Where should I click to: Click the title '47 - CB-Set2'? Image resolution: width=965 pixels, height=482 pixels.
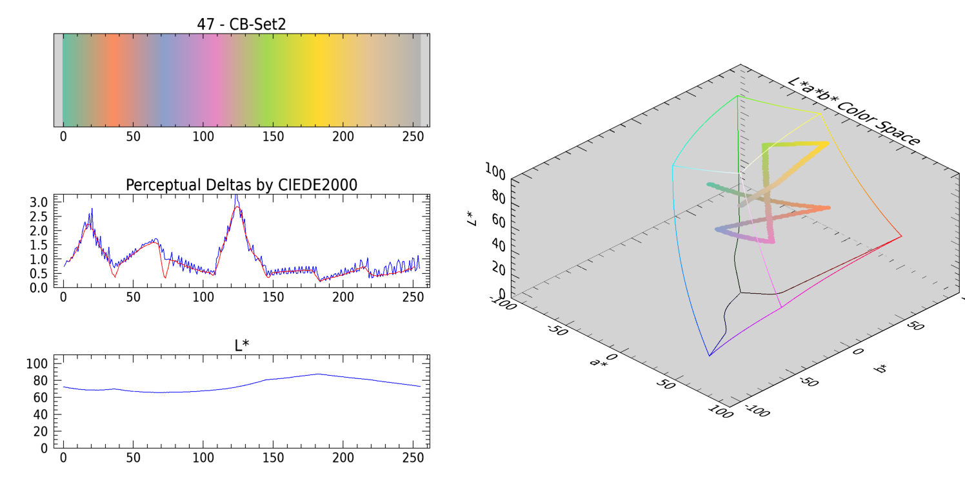click(241, 24)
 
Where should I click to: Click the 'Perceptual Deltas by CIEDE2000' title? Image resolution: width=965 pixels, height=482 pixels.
click(241, 185)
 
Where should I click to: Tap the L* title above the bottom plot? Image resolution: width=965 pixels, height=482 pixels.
click(241, 345)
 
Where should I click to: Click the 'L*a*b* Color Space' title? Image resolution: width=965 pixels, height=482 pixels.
click(853, 112)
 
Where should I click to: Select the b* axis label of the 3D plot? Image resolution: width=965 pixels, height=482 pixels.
click(880, 369)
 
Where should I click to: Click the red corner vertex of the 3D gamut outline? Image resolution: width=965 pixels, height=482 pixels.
click(901, 236)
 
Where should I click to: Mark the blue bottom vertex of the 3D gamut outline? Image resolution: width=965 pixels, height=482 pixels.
click(709, 355)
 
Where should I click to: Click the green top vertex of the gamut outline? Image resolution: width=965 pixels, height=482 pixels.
click(737, 96)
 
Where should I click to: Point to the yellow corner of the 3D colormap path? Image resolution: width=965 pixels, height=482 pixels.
click(826, 144)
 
